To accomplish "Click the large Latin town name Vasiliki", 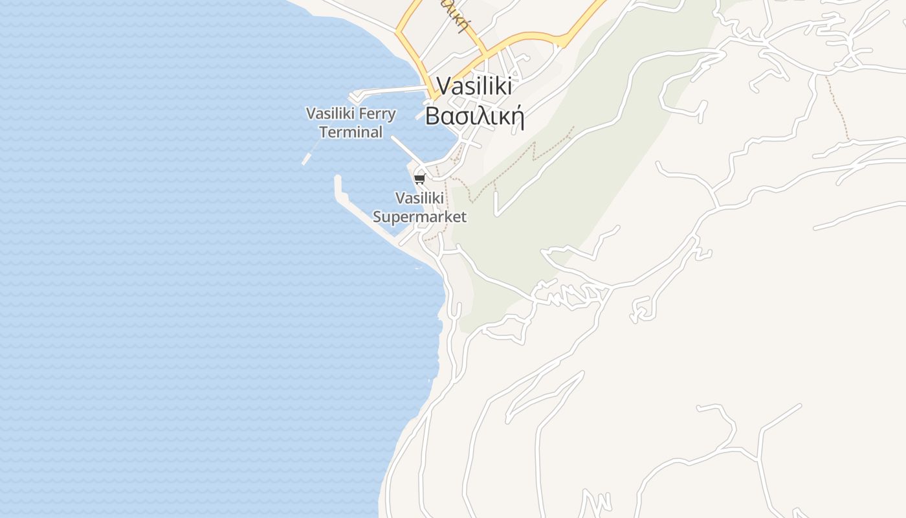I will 474,86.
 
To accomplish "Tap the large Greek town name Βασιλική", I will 474,116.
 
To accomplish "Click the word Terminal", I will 351,132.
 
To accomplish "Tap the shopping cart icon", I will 420,179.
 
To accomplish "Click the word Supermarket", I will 419,217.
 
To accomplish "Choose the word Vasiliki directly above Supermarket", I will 419,197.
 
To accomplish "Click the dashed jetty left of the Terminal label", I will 309,155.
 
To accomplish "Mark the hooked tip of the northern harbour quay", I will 353,97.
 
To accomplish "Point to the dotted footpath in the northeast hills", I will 838,107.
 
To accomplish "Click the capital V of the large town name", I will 444,86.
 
